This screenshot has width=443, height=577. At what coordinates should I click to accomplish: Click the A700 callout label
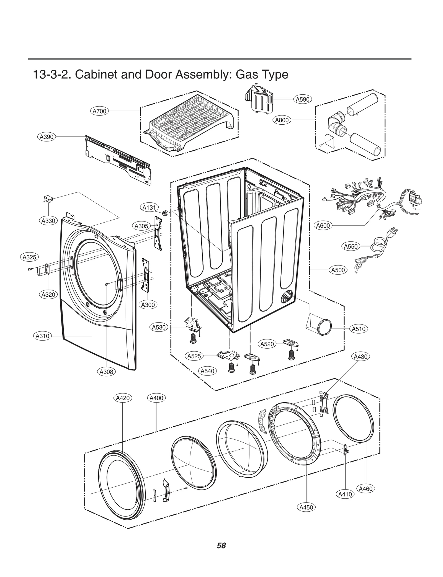99,111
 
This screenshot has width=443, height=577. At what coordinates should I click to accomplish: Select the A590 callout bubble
302,99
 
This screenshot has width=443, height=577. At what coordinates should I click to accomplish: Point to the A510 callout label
359,329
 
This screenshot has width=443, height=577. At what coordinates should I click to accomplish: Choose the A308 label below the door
107,372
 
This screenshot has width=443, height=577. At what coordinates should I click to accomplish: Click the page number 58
221,545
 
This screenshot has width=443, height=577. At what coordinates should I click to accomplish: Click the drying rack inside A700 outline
191,122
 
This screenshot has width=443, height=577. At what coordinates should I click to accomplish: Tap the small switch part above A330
48,198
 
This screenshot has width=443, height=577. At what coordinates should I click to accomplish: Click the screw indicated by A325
29,269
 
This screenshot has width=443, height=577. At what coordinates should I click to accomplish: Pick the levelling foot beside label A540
231,368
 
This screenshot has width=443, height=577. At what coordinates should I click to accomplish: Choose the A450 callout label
306,507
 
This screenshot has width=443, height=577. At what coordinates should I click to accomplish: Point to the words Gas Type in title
262,74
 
